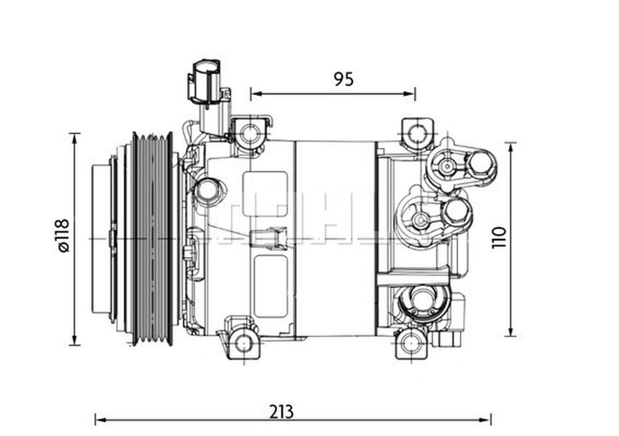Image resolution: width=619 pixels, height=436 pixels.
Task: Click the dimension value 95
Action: (x=343, y=79)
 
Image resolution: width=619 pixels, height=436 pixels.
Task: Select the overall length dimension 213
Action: (x=281, y=412)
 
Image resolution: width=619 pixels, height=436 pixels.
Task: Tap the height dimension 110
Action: (x=499, y=237)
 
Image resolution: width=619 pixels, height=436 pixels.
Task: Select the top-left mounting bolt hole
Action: (x=250, y=133)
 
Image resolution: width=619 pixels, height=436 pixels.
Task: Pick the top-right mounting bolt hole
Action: (x=417, y=132)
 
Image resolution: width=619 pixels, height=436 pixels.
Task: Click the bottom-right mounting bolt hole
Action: (x=411, y=344)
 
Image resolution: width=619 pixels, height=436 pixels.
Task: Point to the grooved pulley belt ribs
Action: (x=152, y=239)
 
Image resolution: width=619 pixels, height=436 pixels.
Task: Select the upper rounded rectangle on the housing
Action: (x=265, y=194)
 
